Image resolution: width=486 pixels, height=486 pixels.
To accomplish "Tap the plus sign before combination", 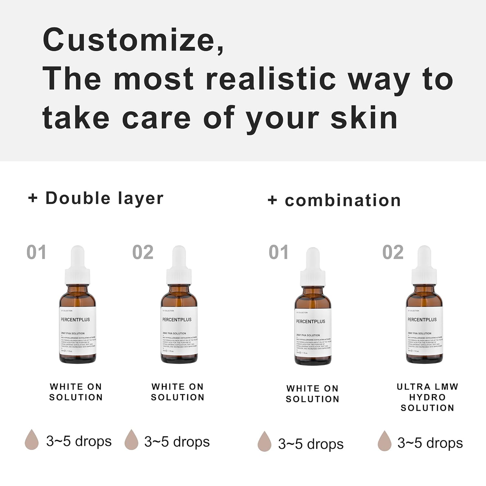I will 272,200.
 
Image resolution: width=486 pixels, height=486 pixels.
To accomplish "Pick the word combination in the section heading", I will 343,200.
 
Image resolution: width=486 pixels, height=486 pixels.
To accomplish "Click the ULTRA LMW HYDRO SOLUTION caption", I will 427,397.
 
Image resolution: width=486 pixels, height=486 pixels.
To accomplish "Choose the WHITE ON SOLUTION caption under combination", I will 312,393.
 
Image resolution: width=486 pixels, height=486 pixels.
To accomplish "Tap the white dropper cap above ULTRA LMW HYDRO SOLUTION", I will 424,266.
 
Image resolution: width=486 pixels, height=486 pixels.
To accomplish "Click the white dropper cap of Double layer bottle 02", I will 179,266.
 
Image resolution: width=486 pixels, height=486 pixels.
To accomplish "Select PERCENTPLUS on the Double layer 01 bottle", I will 75,319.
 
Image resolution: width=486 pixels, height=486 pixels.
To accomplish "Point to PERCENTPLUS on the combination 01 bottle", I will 311,321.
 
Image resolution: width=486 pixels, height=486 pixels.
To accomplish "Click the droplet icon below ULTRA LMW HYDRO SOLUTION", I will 384,441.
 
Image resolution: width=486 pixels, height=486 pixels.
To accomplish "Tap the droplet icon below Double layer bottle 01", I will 32,440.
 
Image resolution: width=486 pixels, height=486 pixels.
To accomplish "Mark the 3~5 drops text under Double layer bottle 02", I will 177,442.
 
